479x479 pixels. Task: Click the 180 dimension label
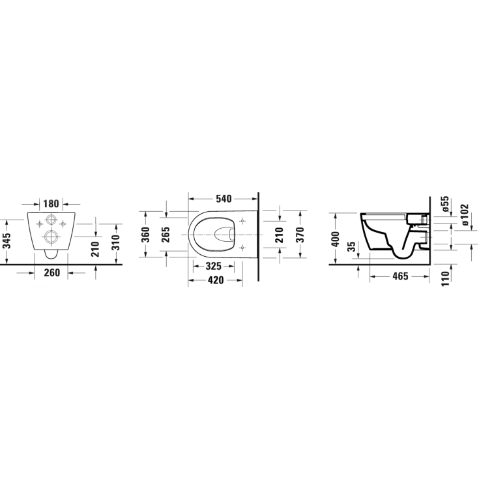51,203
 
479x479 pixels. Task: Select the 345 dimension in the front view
7,241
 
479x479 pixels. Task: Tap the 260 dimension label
51,272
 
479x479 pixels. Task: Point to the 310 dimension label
116,243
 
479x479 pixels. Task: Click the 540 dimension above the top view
224,199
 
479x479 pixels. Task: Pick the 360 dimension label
146,235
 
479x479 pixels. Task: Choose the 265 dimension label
166,235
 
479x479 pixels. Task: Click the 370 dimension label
300,235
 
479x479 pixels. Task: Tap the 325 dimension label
213,267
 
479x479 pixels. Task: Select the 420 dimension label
216,280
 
